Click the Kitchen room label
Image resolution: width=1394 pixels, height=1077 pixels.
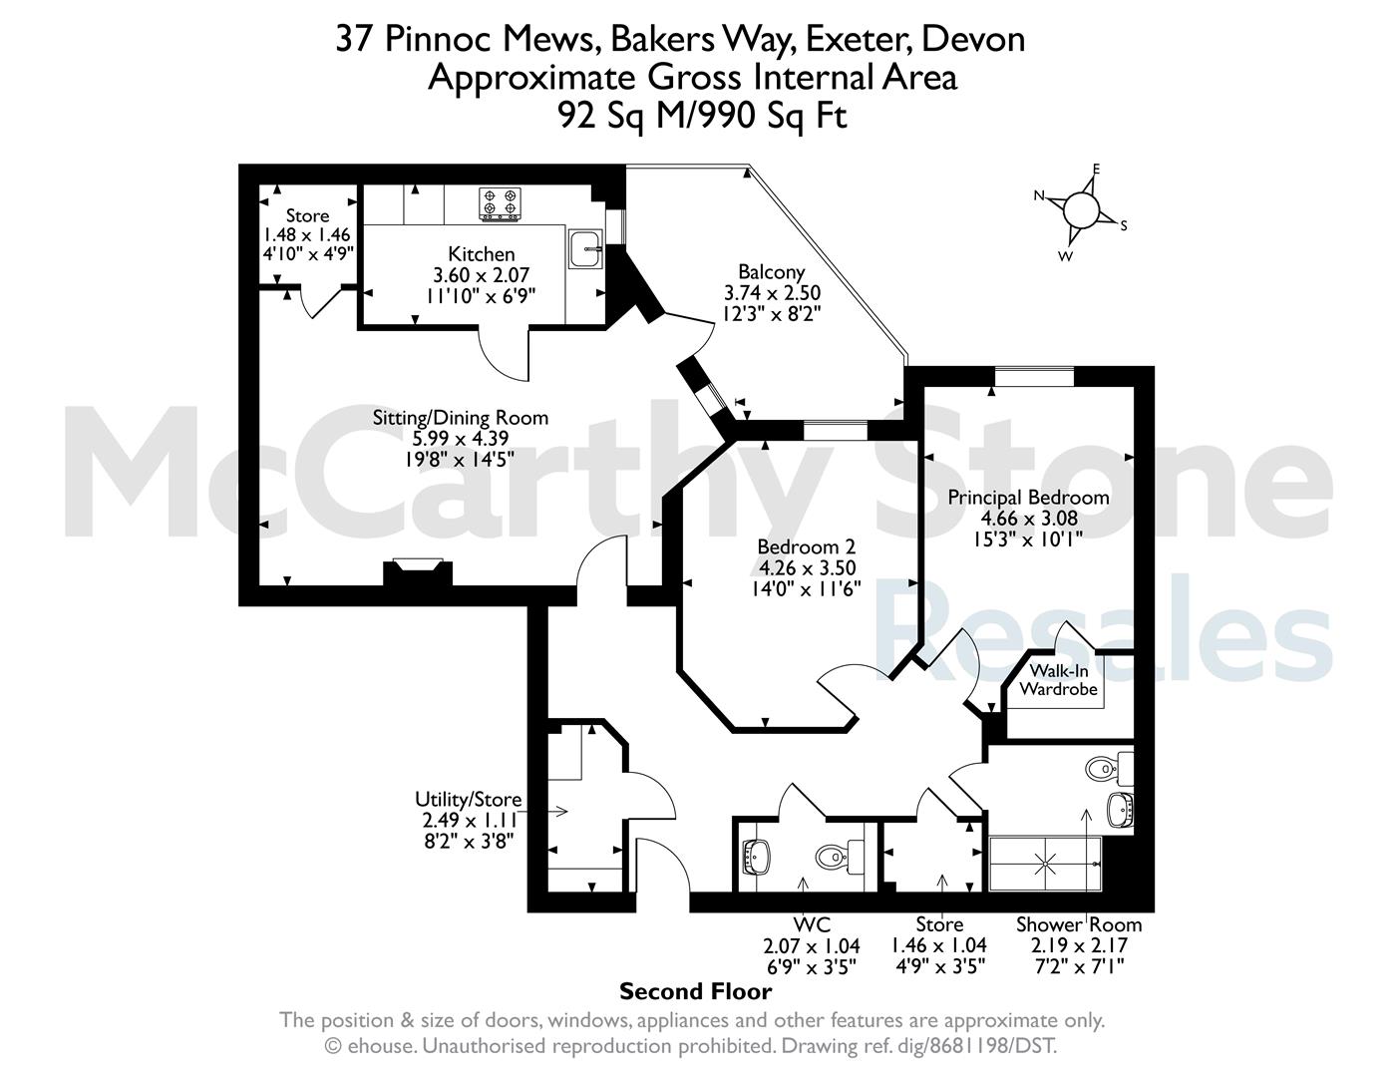coord(482,254)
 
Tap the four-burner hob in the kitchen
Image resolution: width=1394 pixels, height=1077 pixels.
coord(500,204)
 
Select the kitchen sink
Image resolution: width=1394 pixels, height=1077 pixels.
coord(585,249)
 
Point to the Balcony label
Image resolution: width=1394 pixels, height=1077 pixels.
coord(771,272)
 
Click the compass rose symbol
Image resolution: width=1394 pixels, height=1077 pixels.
coord(1081,210)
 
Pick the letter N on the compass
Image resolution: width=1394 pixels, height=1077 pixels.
coord(1039,195)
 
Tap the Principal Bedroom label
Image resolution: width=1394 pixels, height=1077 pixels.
coord(1028,498)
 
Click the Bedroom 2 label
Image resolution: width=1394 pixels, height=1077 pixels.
coord(807,546)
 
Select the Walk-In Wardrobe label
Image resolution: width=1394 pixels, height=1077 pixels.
coord(1059,680)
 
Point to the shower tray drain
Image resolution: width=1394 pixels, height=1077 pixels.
coord(1045,864)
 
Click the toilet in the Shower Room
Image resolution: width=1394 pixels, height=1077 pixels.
coord(1110,767)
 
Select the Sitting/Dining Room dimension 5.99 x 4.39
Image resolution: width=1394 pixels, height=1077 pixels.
coord(460,439)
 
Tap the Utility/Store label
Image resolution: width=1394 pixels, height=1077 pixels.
coord(469,799)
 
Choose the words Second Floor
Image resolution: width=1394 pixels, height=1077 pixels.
coord(695,991)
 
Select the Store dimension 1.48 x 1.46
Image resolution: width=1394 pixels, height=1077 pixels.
coord(307,234)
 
